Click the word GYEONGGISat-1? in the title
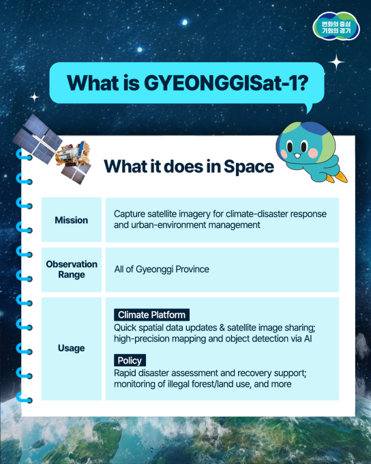click(225, 84)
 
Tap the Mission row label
click(72, 220)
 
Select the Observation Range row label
click(72, 269)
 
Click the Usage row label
click(72, 348)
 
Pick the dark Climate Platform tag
click(151, 315)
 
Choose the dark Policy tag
click(130, 360)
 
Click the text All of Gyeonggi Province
click(162, 270)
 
